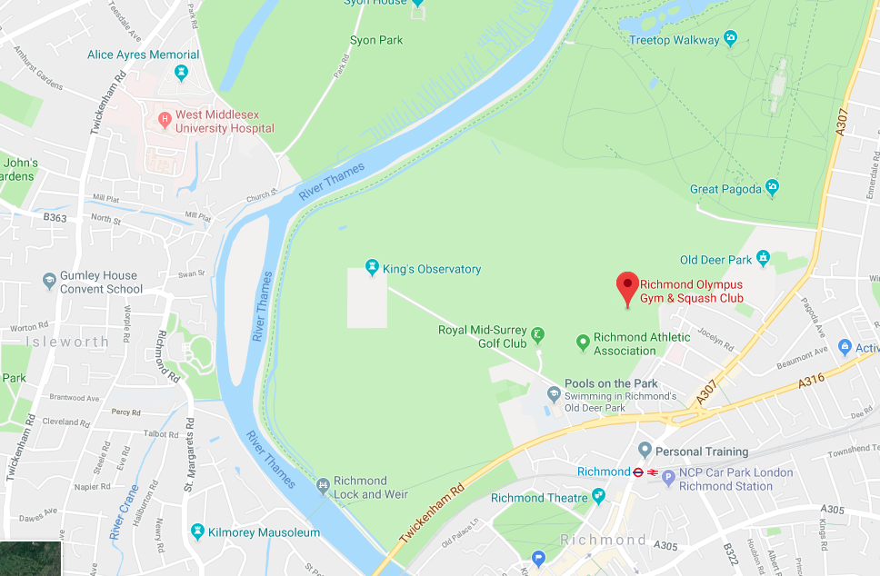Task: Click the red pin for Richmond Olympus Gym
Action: [x=627, y=286]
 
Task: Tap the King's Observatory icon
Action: [x=371, y=269]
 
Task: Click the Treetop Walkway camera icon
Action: [x=729, y=39]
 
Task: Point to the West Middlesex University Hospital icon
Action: [x=164, y=119]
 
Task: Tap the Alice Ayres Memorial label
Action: [x=143, y=55]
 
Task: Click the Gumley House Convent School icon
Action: [x=49, y=283]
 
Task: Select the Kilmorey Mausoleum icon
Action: [x=197, y=531]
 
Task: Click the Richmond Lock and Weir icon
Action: [x=323, y=487]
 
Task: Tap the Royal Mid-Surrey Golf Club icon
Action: [x=538, y=334]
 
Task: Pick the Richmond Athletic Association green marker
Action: [x=583, y=343]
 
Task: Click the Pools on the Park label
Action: [x=611, y=383]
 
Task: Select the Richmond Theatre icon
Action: [x=598, y=496]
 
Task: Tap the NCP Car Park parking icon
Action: [x=668, y=476]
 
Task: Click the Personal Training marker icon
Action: [x=645, y=451]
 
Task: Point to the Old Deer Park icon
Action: [x=763, y=260]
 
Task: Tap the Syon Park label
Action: [x=376, y=40]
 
